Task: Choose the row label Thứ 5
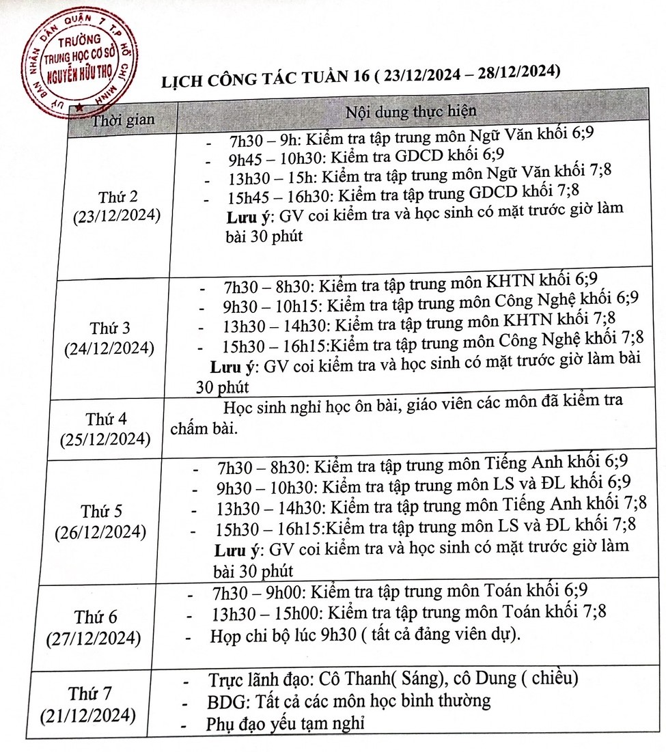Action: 102,510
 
